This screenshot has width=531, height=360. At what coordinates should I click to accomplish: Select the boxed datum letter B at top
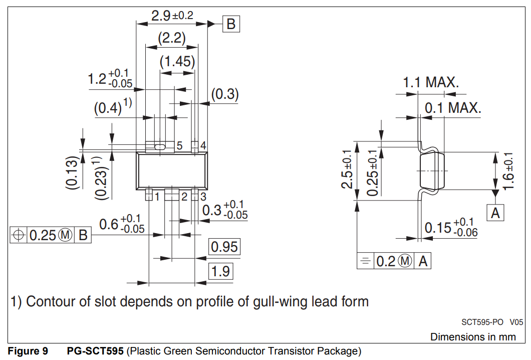(x=231, y=24)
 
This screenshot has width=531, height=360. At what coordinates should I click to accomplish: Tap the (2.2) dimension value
(x=171, y=38)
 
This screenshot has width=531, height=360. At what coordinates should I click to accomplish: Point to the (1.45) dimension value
(x=177, y=62)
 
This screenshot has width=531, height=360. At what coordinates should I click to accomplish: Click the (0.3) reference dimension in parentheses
(x=224, y=94)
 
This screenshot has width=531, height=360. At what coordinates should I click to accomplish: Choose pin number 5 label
(x=179, y=146)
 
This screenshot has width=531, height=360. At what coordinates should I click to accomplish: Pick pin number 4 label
(x=203, y=146)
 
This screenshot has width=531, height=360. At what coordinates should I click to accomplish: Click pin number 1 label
(x=157, y=197)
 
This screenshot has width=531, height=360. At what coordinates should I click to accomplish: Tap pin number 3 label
(x=203, y=197)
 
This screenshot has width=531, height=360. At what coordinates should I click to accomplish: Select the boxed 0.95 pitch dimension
(x=224, y=247)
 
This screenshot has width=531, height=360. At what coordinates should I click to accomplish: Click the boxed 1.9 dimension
(x=220, y=271)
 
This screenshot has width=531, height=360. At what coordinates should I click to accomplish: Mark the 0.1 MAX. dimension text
(x=453, y=108)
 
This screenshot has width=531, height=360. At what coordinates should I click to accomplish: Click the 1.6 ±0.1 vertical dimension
(x=509, y=171)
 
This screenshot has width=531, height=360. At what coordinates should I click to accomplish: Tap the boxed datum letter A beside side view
(x=495, y=213)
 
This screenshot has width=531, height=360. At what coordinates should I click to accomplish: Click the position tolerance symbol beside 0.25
(x=19, y=235)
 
